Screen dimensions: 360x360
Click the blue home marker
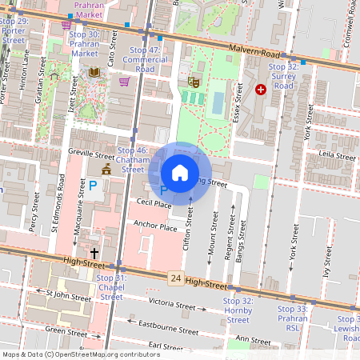(180, 173)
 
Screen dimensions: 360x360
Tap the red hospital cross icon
(260, 90)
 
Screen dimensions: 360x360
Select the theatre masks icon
(193, 81)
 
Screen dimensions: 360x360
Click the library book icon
(94, 73)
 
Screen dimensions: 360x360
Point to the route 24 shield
(175, 278)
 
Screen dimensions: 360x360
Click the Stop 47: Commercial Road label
(145, 59)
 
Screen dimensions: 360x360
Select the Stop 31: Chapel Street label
(111, 287)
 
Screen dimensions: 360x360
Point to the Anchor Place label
(155, 226)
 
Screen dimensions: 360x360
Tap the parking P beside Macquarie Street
(92, 186)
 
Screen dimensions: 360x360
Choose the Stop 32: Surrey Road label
(283, 76)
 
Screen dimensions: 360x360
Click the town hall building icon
(106, 169)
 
